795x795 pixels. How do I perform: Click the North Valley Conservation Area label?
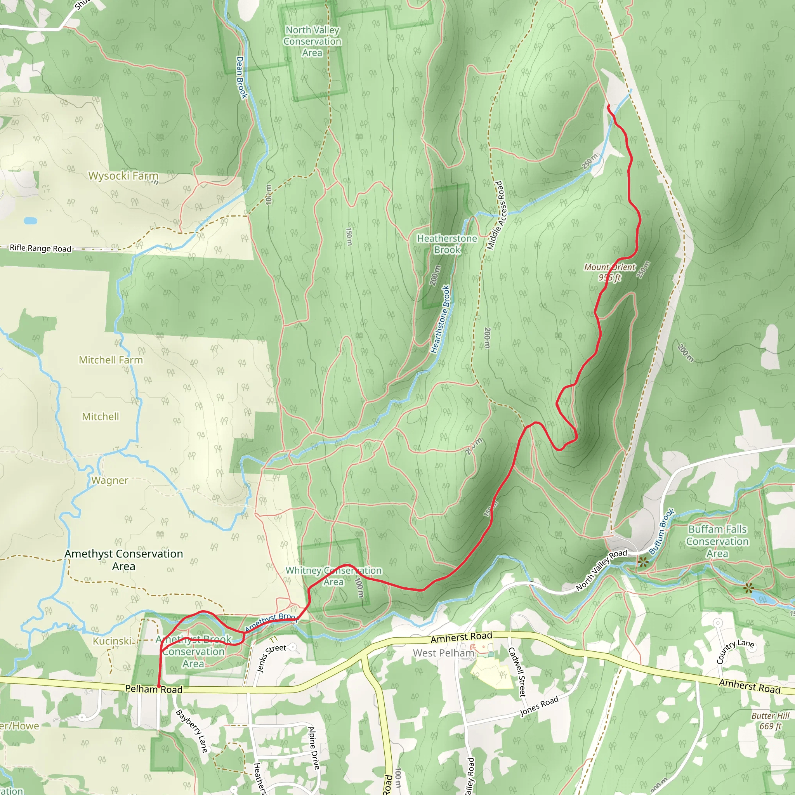tap(312, 42)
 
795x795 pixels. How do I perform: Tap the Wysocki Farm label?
tap(123, 176)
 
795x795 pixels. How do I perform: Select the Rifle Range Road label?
tap(40, 248)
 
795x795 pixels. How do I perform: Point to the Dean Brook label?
tap(241, 77)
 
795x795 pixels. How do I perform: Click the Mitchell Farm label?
tap(111, 360)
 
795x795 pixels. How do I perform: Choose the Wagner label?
tap(109, 481)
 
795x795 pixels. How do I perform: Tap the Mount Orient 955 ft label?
tap(610, 273)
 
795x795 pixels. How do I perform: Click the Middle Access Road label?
tap(495, 215)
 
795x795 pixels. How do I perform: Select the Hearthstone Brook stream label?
tap(440, 319)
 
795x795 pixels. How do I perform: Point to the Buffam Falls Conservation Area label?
tap(717, 541)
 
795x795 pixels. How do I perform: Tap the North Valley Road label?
tap(601, 570)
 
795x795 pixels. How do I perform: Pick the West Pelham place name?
tap(443, 653)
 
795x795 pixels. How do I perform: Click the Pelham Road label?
tap(153, 689)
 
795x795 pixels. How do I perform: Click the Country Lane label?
tap(735, 651)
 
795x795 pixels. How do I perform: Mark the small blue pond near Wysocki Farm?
tap(30, 221)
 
